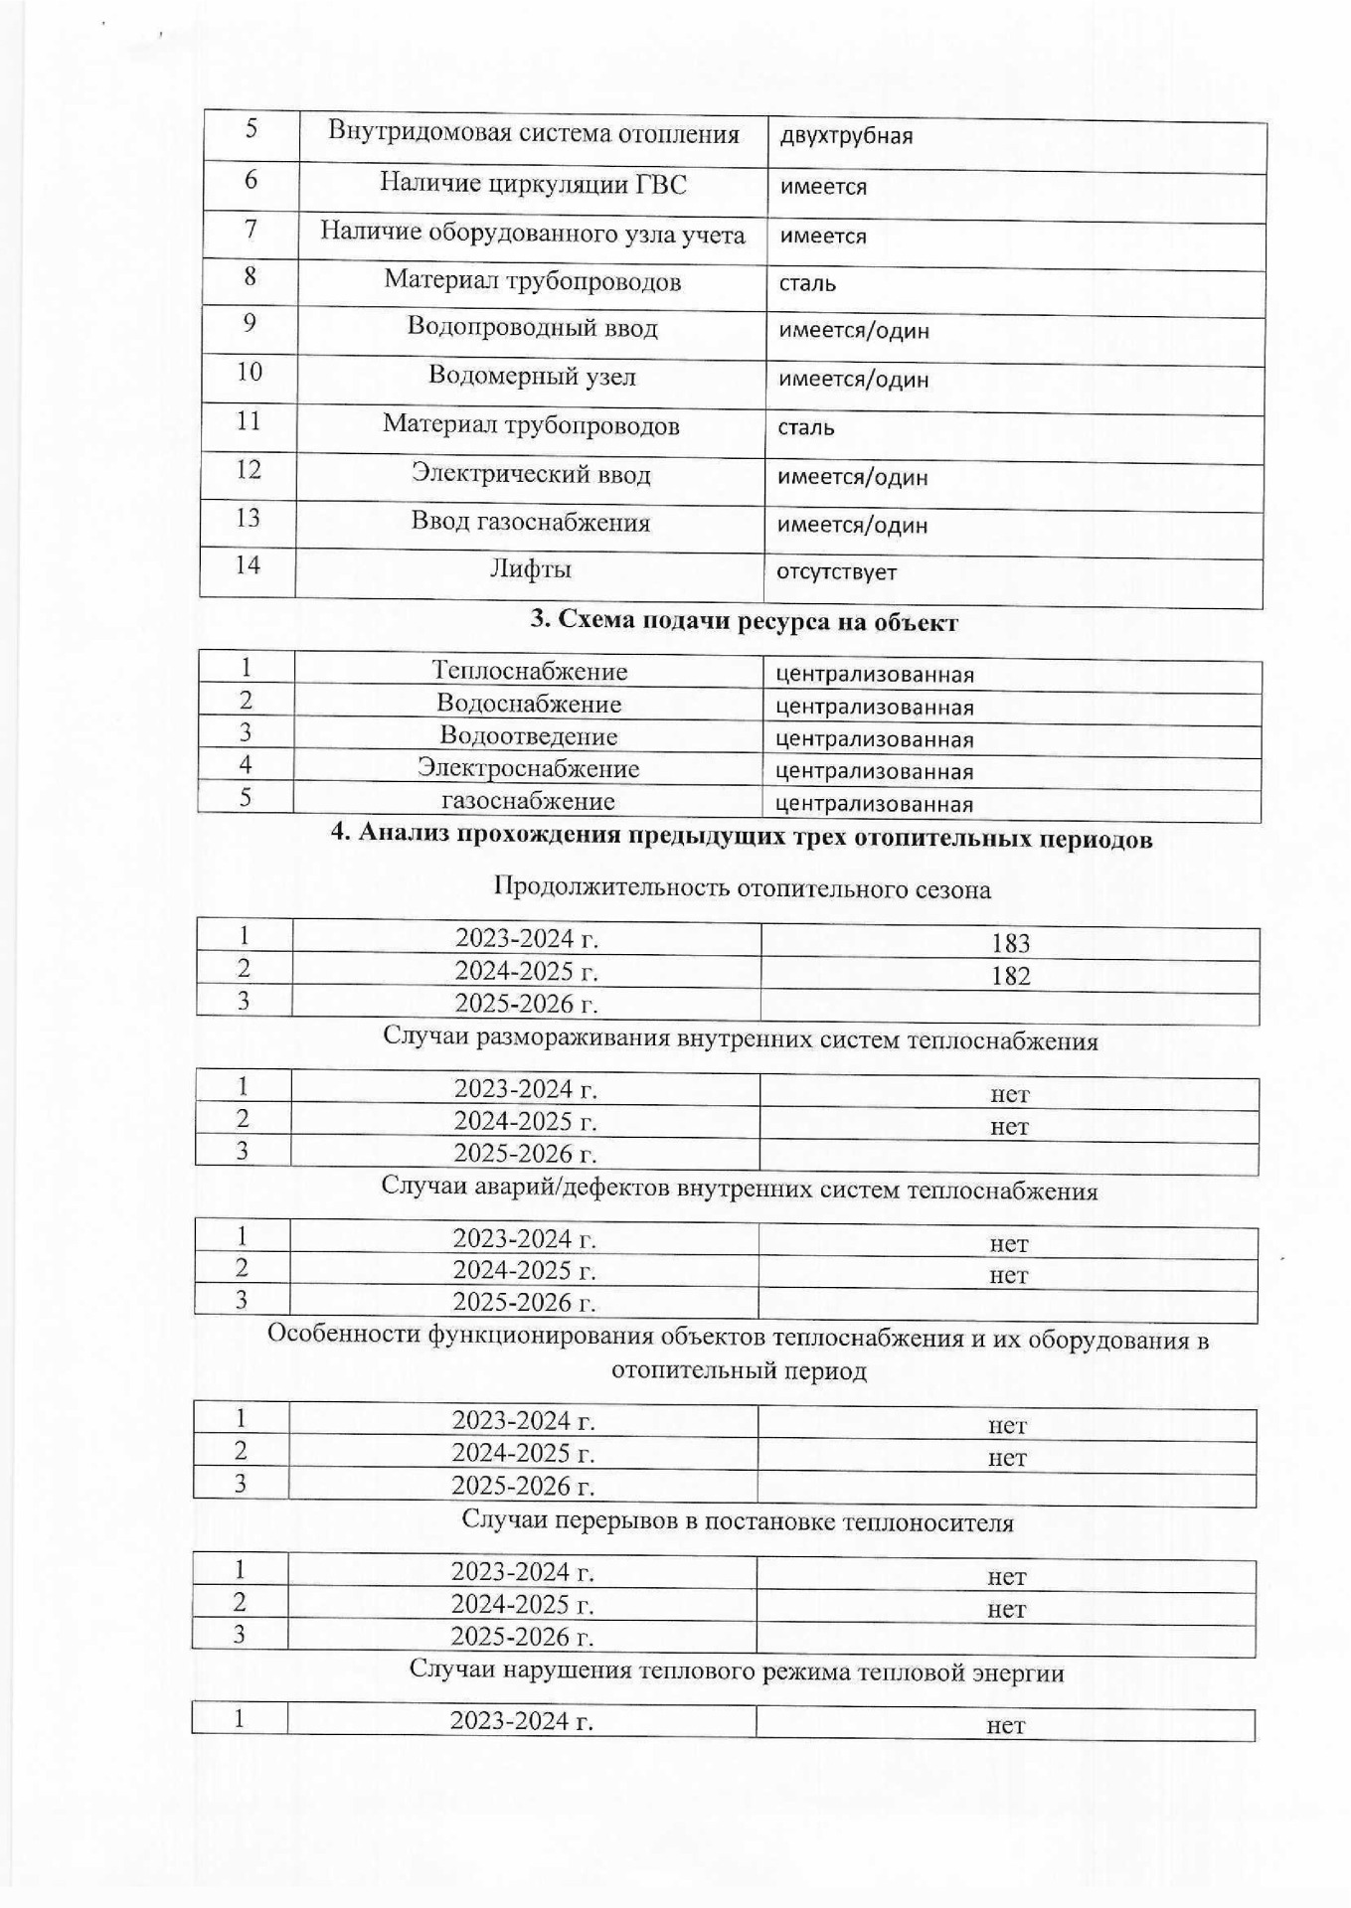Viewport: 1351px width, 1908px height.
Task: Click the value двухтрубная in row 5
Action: point(846,137)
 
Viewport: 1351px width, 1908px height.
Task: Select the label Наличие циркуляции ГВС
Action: point(533,183)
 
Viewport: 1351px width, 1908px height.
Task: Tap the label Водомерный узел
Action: point(532,376)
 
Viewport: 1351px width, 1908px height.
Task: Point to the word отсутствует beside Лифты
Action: point(836,572)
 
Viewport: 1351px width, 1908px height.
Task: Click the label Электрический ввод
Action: point(531,474)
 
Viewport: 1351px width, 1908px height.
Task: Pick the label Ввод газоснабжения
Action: point(530,522)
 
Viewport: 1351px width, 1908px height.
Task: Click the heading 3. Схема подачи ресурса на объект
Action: point(744,622)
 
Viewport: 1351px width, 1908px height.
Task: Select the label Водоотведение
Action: point(528,736)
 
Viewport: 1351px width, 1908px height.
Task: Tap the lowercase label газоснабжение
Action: point(528,801)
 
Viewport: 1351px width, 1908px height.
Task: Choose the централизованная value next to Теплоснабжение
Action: point(874,675)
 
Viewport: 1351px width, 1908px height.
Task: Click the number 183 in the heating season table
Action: point(1010,943)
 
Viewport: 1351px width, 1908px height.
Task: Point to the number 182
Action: point(1010,976)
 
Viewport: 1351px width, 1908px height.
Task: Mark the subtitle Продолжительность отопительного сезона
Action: point(742,888)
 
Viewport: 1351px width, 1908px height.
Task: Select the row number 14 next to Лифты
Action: point(248,565)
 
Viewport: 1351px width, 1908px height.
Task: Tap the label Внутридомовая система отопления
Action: point(534,134)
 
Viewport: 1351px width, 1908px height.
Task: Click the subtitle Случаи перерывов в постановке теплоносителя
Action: point(738,1521)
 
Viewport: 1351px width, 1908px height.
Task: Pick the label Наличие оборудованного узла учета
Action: point(533,234)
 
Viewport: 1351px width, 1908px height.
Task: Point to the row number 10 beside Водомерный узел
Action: point(250,372)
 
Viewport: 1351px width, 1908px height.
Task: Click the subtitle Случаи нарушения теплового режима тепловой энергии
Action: point(737,1672)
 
